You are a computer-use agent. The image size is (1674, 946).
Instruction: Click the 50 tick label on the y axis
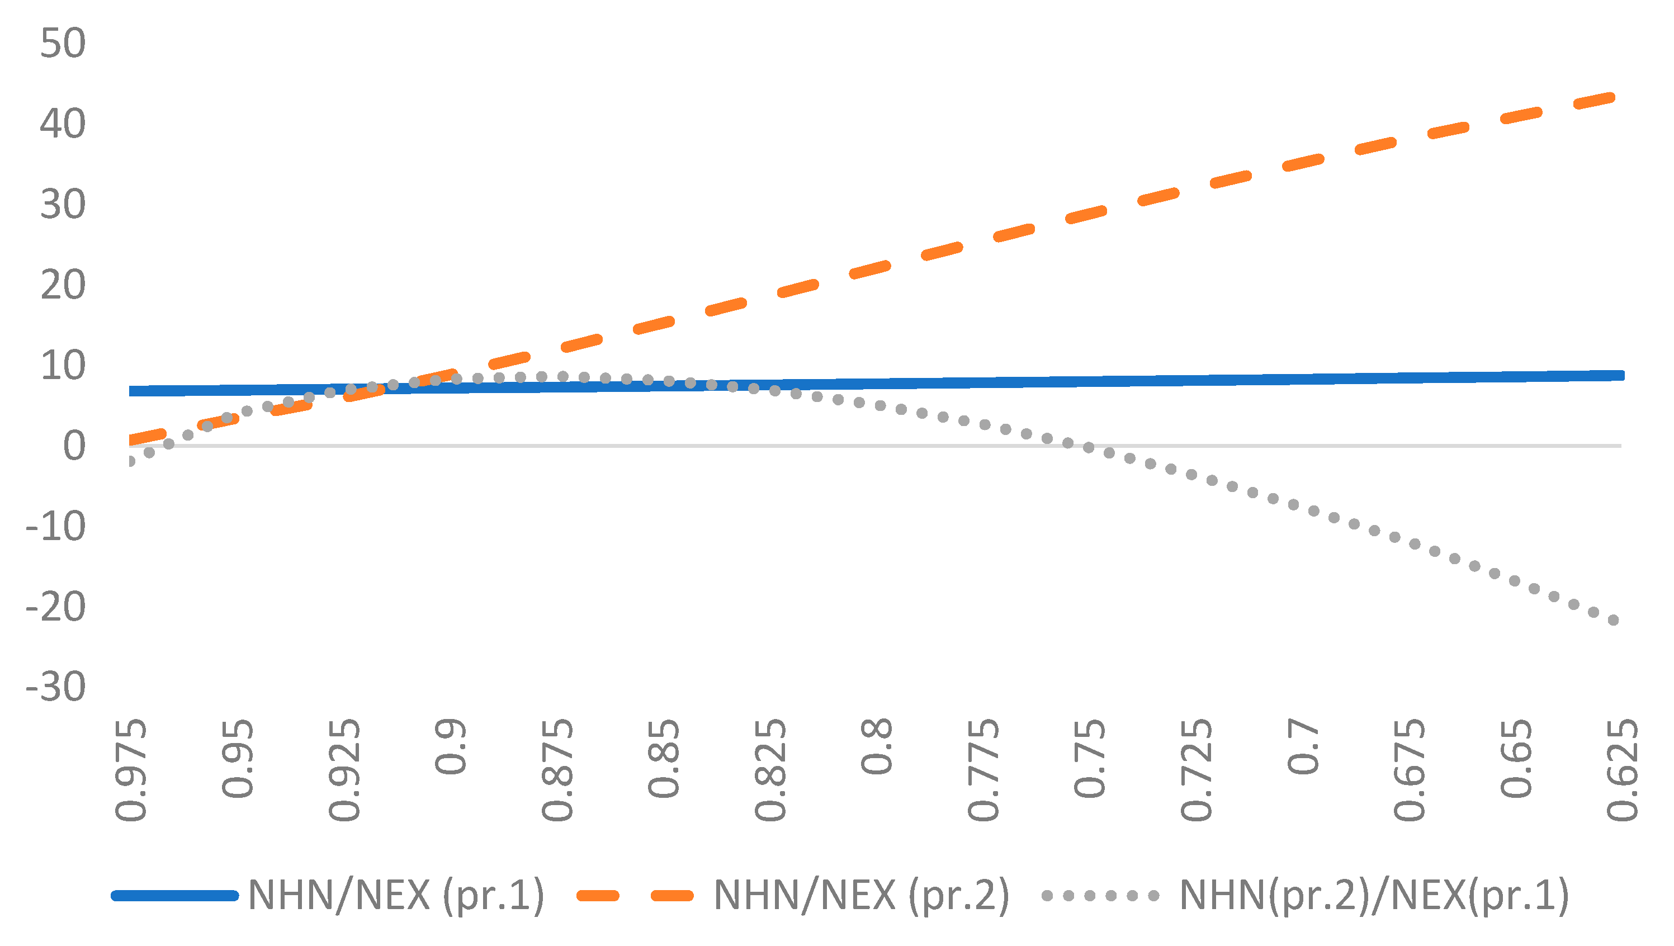63,44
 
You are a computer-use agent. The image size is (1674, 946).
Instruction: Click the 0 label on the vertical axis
73,446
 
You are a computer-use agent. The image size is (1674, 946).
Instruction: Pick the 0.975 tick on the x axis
131,770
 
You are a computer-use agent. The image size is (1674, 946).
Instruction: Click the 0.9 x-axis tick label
450,746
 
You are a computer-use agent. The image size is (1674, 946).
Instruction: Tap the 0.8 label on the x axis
877,746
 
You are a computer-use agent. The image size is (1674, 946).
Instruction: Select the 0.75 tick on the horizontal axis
1090,758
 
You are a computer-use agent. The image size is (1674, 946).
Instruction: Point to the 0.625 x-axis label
1622,770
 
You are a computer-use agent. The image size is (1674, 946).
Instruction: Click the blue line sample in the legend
176,896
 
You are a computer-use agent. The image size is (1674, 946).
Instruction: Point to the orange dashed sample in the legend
636,896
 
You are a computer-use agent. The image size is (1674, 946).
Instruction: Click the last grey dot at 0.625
1613,621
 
